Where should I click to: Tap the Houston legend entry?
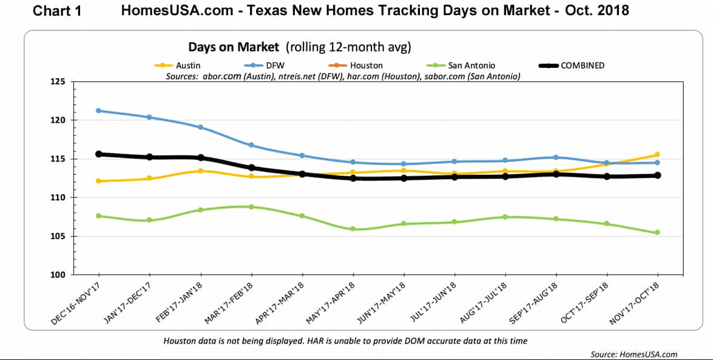356,66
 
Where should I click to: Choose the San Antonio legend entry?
461,66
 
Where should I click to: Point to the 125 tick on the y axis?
59,82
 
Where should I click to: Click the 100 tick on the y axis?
59,275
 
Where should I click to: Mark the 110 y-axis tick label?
59,197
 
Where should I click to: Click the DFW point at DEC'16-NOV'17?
99,110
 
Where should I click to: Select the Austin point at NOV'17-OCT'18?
658,154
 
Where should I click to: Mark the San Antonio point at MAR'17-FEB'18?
251,206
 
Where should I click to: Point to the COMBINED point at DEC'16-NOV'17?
99,154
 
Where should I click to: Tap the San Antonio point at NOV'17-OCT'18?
658,233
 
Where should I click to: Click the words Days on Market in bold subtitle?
234,47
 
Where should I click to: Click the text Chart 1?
57,11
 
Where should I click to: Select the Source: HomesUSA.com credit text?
634,354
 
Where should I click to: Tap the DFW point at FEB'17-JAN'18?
200,127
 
